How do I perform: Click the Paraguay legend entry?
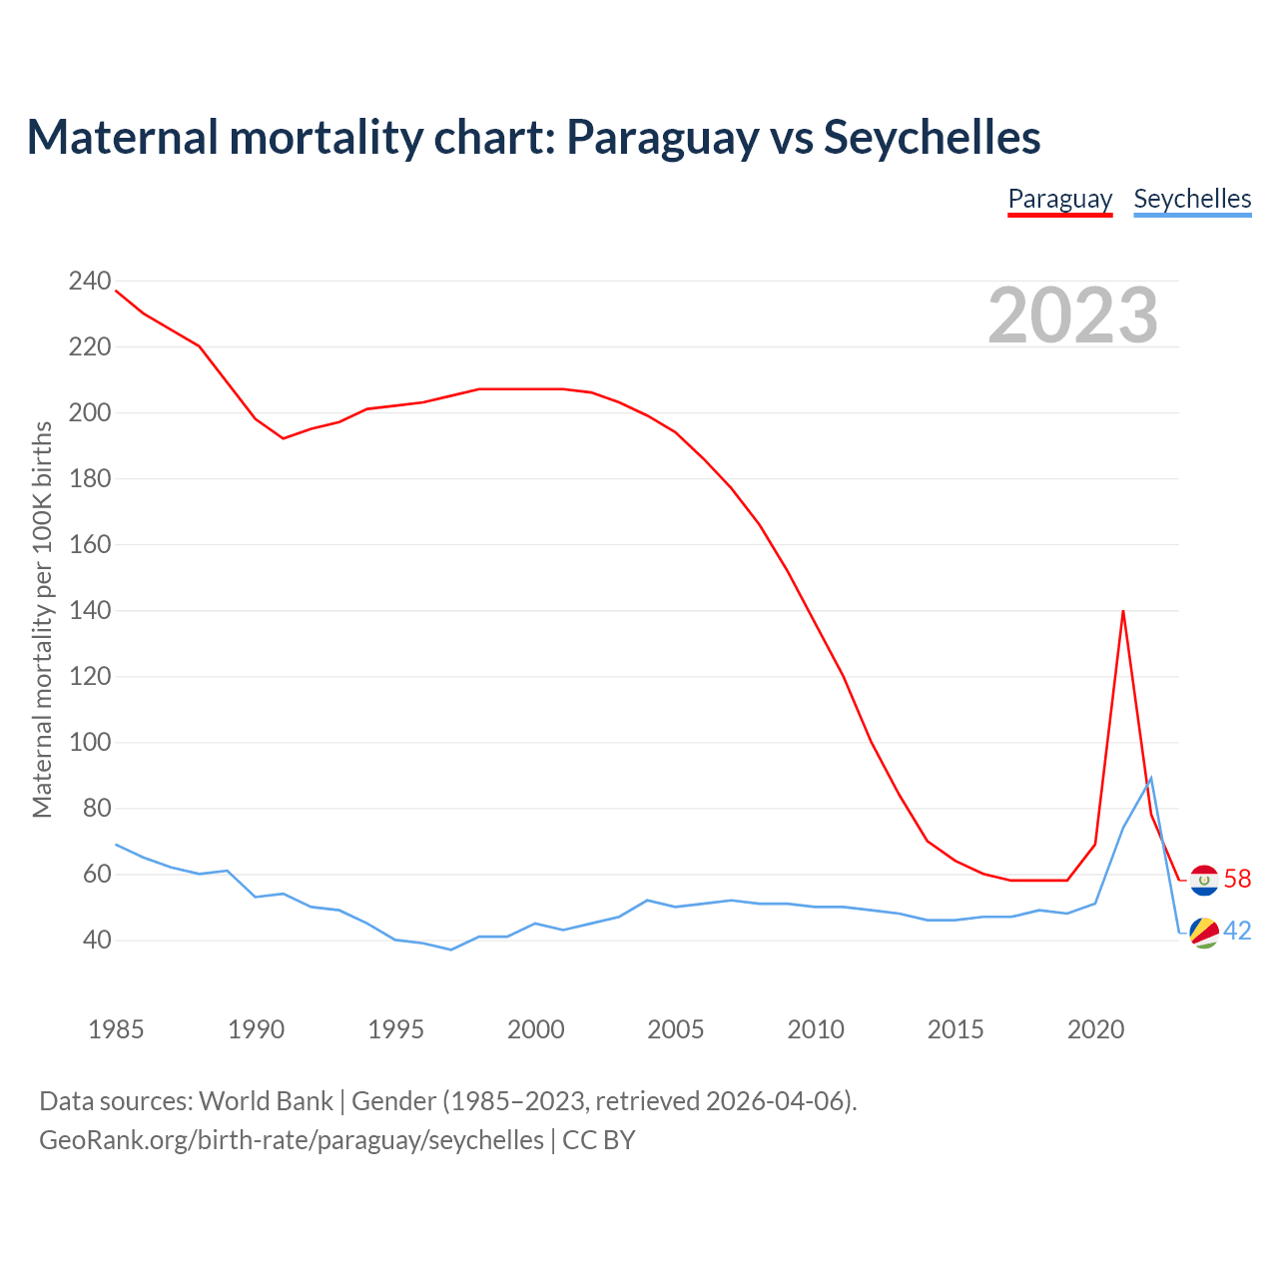pos(1059,199)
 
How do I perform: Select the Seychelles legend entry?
pos(1192,199)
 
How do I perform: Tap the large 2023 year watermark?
pos(1072,315)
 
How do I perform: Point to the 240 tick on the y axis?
pos(90,282)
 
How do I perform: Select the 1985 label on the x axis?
pos(116,1029)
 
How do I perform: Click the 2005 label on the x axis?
pos(676,1029)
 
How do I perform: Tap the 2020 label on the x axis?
pos(1095,1029)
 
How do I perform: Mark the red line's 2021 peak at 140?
pos(1123,611)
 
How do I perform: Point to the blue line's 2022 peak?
pos(1151,778)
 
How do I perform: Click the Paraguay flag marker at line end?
pos(1204,880)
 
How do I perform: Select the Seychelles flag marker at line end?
pos(1204,932)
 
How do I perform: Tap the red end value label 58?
pos(1237,879)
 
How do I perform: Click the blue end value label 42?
pos(1237,932)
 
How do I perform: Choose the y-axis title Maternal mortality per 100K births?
pos(42,619)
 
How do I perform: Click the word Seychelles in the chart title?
pos(932,137)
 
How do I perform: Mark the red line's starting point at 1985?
pos(117,291)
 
